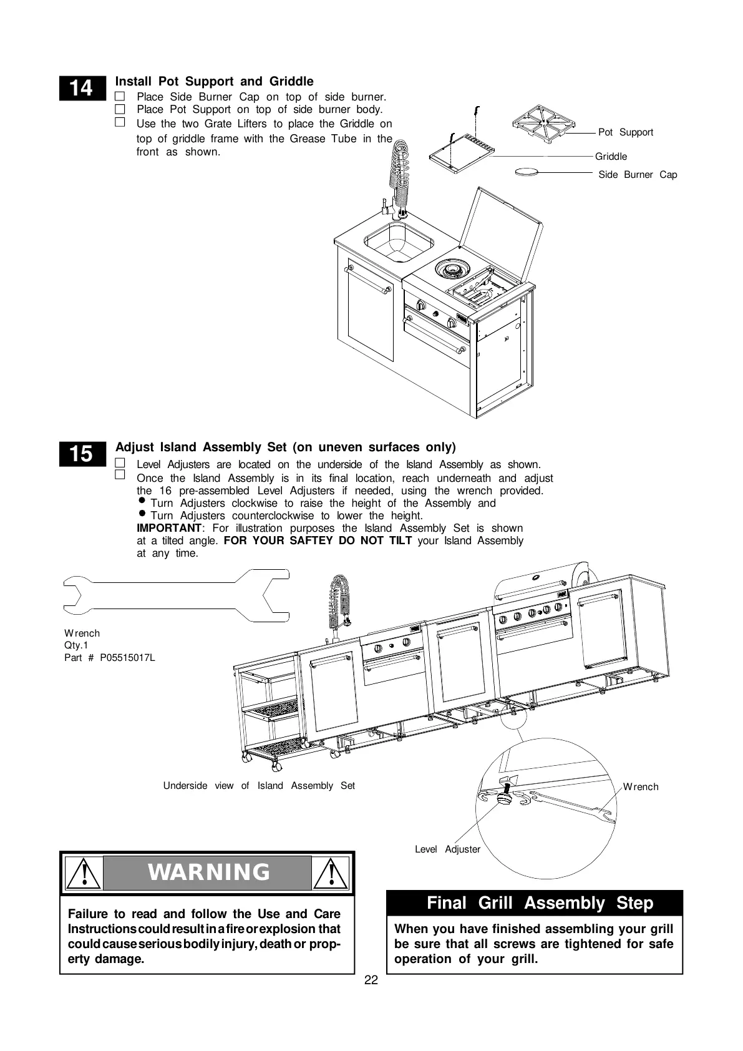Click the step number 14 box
pyautogui.click(x=80, y=89)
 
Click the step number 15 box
pyautogui.click(x=80, y=454)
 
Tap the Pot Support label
pyautogui.click(x=625, y=132)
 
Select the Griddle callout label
pyautogui.click(x=611, y=157)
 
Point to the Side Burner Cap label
pyautogui.click(x=637, y=175)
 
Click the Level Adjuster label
pyautogui.click(x=447, y=849)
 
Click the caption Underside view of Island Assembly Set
pyautogui.click(x=259, y=786)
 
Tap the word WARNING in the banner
pyautogui.click(x=208, y=872)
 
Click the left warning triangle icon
pyautogui.click(x=83, y=873)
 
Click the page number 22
pyautogui.click(x=371, y=980)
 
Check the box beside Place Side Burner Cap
pyautogui.click(x=120, y=97)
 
